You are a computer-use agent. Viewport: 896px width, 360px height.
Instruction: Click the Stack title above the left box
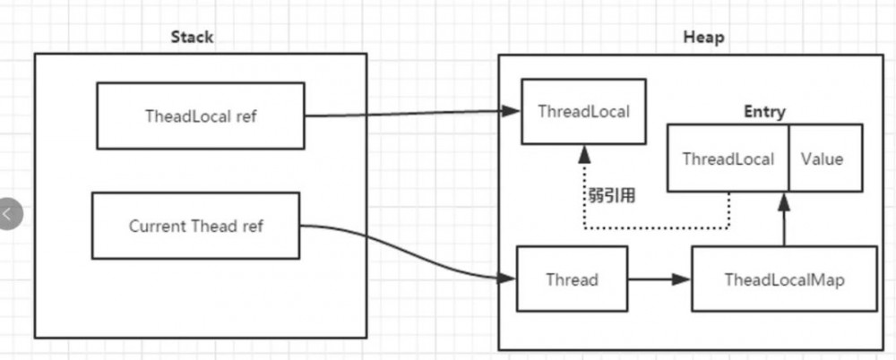click(x=192, y=38)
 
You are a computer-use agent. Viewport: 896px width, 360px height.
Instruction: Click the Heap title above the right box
click(x=703, y=38)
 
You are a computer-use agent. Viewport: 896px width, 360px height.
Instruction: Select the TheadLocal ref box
click(x=200, y=116)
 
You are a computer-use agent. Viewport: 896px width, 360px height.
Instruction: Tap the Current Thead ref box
click(x=196, y=226)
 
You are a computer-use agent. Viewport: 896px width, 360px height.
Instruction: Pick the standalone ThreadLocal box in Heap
click(x=583, y=112)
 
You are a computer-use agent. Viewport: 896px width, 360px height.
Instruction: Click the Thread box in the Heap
click(x=572, y=279)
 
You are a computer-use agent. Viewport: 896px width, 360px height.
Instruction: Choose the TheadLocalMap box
click(x=784, y=279)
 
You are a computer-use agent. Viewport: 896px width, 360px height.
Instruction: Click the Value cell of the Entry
click(x=823, y=159)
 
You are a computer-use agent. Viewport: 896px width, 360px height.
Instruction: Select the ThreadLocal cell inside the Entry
click(x=728, y=159)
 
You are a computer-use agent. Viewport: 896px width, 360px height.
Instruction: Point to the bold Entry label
click(x=764, y=112)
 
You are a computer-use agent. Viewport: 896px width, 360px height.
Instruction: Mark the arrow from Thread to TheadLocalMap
click(x=659, y=279)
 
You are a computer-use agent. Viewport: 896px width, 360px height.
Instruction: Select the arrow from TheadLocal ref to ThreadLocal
click(x=412, y=114)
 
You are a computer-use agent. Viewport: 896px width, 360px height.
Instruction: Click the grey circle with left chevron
click(x=8, y=214)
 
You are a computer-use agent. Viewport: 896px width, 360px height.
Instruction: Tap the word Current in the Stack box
click(x=158, y=226)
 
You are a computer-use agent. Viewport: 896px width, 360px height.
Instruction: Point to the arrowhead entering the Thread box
click(x=508, y=279)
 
